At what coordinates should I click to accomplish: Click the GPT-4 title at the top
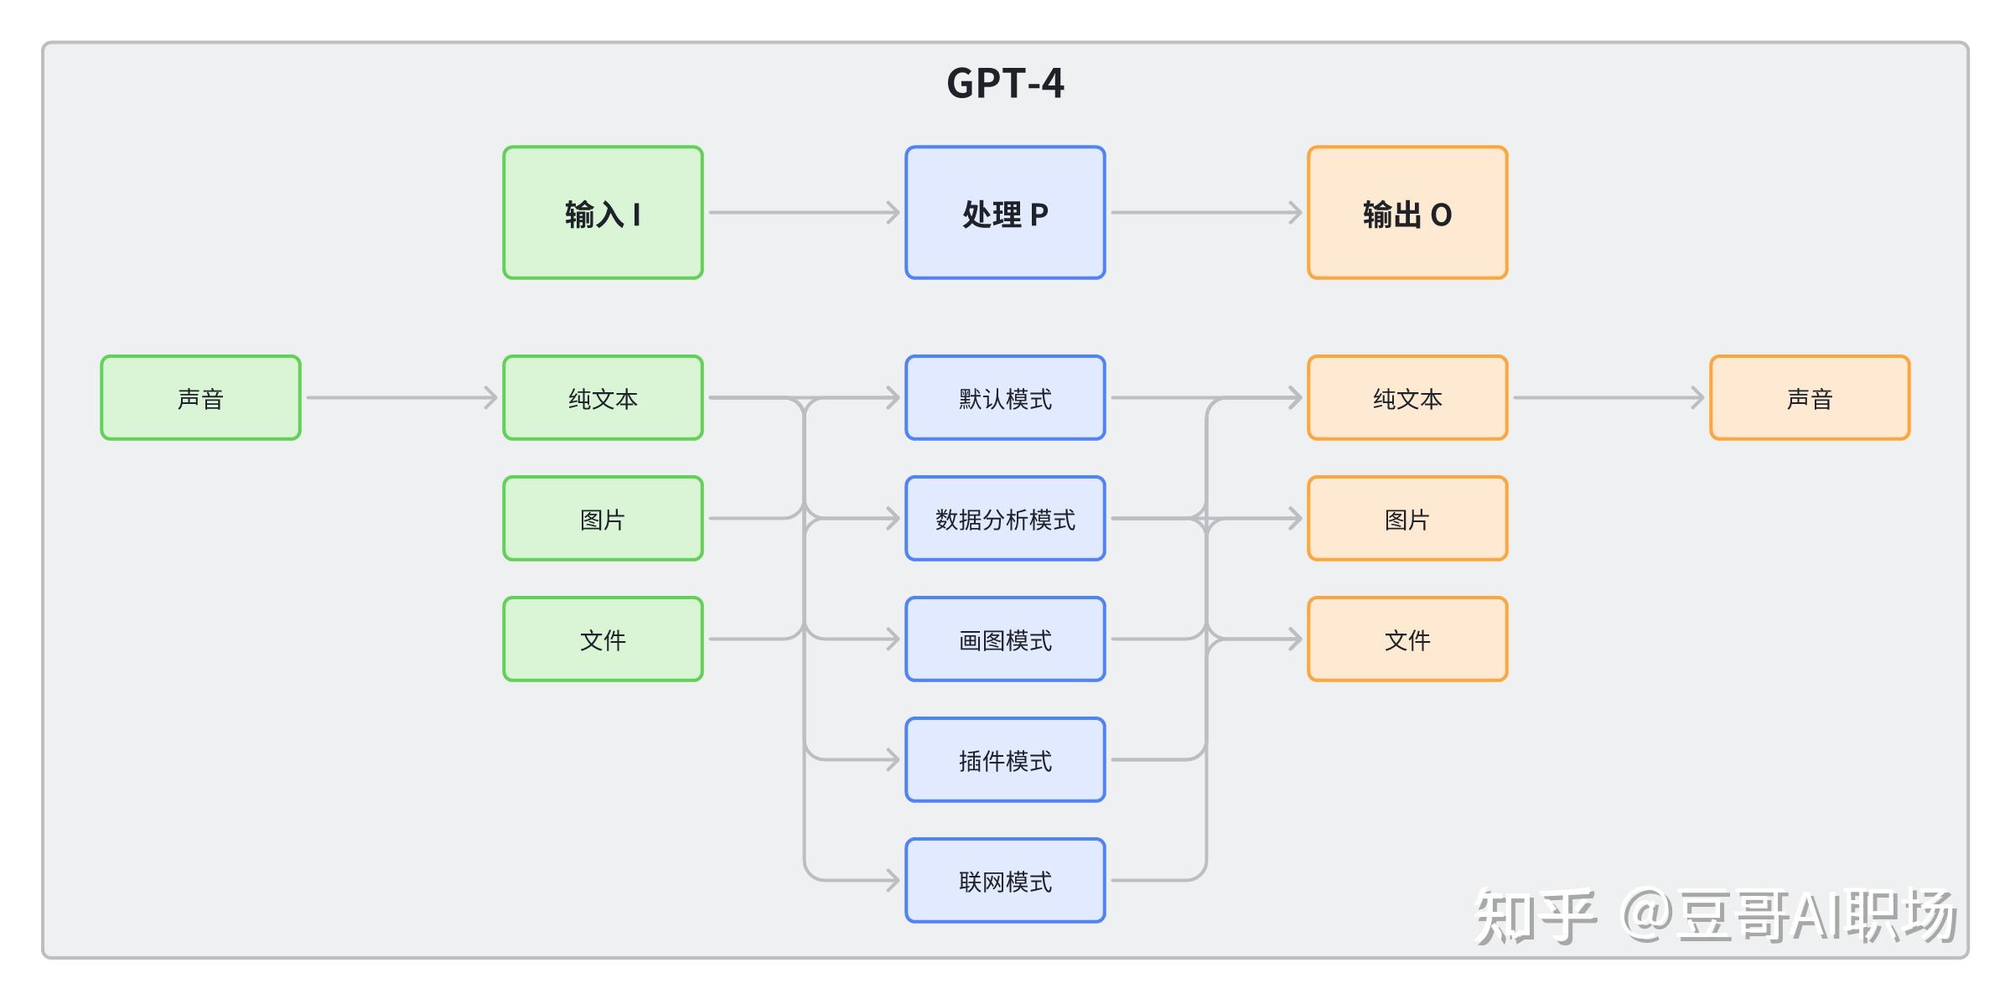(x=1005, y=84)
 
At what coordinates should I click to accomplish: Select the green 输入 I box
(x=603, y=213)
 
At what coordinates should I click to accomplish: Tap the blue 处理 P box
(x=1005, y=213)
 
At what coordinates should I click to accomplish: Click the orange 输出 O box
(x=1407, y=213)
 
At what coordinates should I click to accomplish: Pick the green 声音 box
(x=200, y=398)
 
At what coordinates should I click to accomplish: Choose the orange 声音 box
(x=1810, y=398)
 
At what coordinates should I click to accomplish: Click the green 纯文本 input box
(x=603, y=398)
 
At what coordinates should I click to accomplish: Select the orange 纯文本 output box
(x=1407, y=398)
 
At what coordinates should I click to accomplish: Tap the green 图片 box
(x=603, y=519)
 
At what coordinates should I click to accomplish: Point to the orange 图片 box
(x=1407, y=519)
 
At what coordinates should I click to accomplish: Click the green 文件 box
(x=603, y=639)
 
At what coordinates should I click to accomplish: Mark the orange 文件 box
(x=1407, y=639)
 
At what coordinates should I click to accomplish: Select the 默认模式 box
(x=1005, y=398)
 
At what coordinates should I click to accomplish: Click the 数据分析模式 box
(x=1005, y=519)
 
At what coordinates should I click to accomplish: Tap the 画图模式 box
(x=1005, y=639)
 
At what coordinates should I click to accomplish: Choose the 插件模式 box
(x=1005, y=760)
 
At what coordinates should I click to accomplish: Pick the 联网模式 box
(x=1005, y=881)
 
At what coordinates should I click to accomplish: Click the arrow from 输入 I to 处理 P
(x=804, y=213)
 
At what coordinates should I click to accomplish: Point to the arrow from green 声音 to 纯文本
(x=401, y=398)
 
